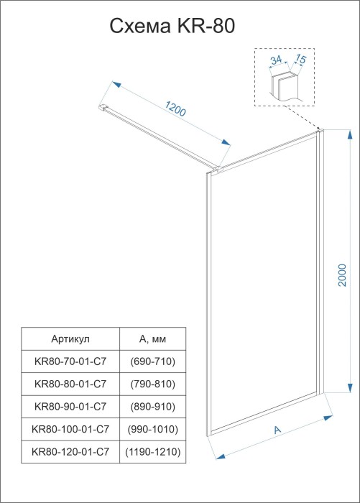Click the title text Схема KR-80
pyautogui.click(x=172, y=27)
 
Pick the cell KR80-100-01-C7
pyautogui.click(x=70, y=430)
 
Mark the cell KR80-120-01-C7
pyautogui.click(x=70, y=453)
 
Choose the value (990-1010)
pyautogui.click(x=152, y=430)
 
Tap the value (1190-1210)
pyautogui.click(x=152, y=453)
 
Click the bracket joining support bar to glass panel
pyautogui.click(x=216, y=170)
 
